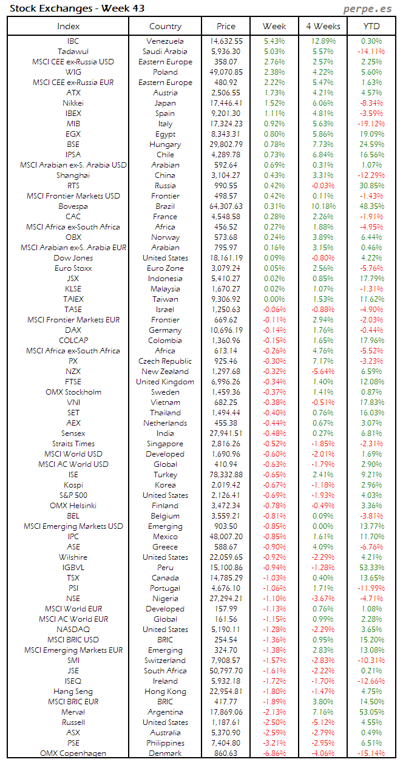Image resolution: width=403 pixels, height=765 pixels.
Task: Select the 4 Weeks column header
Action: (322, 26)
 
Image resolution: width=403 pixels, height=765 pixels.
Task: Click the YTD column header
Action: (371, 26)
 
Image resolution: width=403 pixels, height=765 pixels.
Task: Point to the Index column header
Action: (68, 26)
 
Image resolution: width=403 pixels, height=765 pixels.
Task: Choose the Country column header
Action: (165, 26)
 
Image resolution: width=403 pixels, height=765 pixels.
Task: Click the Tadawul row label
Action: (73, 52)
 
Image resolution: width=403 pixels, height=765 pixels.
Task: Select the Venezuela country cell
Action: (165, 41)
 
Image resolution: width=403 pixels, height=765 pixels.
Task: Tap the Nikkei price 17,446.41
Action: (226, 103)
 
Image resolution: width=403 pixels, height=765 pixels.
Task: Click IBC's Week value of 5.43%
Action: (274, 41)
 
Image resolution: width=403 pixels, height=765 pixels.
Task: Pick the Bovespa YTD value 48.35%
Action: (371, 206)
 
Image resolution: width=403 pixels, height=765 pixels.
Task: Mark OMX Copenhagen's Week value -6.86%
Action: (274, 753)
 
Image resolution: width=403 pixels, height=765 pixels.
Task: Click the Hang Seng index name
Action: (73, 692)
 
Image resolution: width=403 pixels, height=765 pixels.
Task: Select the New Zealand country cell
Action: (165, 372)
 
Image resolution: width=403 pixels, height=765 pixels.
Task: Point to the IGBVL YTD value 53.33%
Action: (371, 568)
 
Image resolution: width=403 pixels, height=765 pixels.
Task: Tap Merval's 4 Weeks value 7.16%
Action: (322, 712)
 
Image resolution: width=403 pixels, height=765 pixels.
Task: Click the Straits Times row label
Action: (73, 444)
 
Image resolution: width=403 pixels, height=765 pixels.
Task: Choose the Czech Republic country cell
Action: (165, 361)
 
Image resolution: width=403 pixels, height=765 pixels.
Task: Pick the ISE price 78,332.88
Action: (226, 475)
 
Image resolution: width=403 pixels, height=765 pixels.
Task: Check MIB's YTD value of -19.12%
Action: (371, 124)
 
